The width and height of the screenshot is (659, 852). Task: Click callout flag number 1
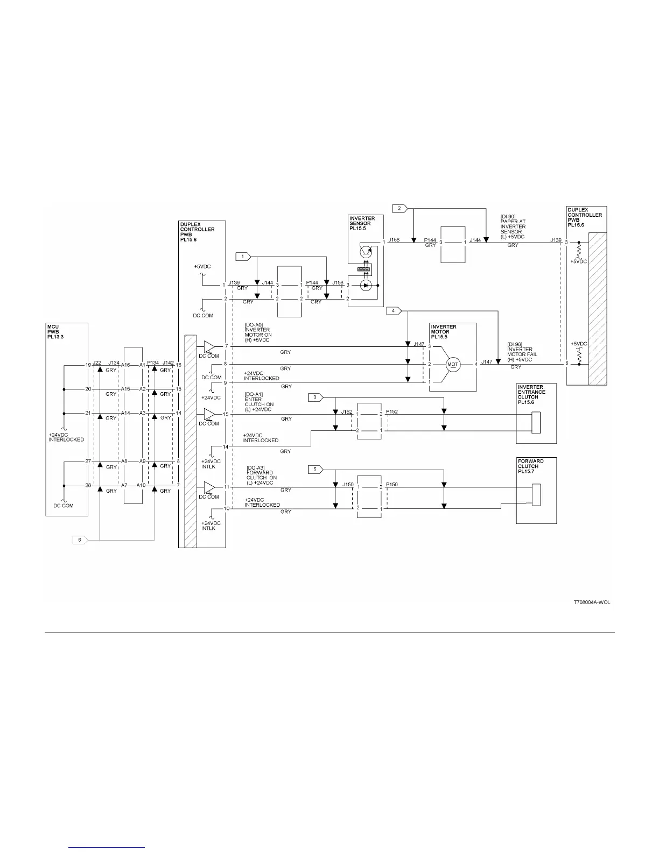(x=243, y=257)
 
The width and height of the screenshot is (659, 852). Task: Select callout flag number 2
(x=399, y=208)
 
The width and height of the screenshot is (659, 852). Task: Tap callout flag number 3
(x=315, y=397)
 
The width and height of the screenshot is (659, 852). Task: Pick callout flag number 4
(x=394, y=310)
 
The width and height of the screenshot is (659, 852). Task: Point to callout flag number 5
(x=315, y=470)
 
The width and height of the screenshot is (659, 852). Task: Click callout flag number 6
(x=79, y=539)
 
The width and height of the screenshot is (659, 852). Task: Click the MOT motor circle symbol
(x=453, y=364)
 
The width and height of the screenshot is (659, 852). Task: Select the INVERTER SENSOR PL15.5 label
(x=362, y=223)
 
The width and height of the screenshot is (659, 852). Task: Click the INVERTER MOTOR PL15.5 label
(x=444, y=331)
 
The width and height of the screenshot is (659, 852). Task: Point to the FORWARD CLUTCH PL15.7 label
(x=530, y=466)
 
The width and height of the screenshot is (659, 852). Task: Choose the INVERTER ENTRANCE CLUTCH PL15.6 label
(x=531, y=394)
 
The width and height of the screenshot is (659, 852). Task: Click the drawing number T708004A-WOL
(x=592, y=602)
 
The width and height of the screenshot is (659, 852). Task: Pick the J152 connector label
(x=347, y=412)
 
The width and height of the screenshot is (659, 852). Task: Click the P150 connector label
(x=392, y=485)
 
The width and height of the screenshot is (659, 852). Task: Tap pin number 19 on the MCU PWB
(x=87, y=365)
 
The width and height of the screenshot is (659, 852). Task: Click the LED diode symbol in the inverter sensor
(x=366, y=285)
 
